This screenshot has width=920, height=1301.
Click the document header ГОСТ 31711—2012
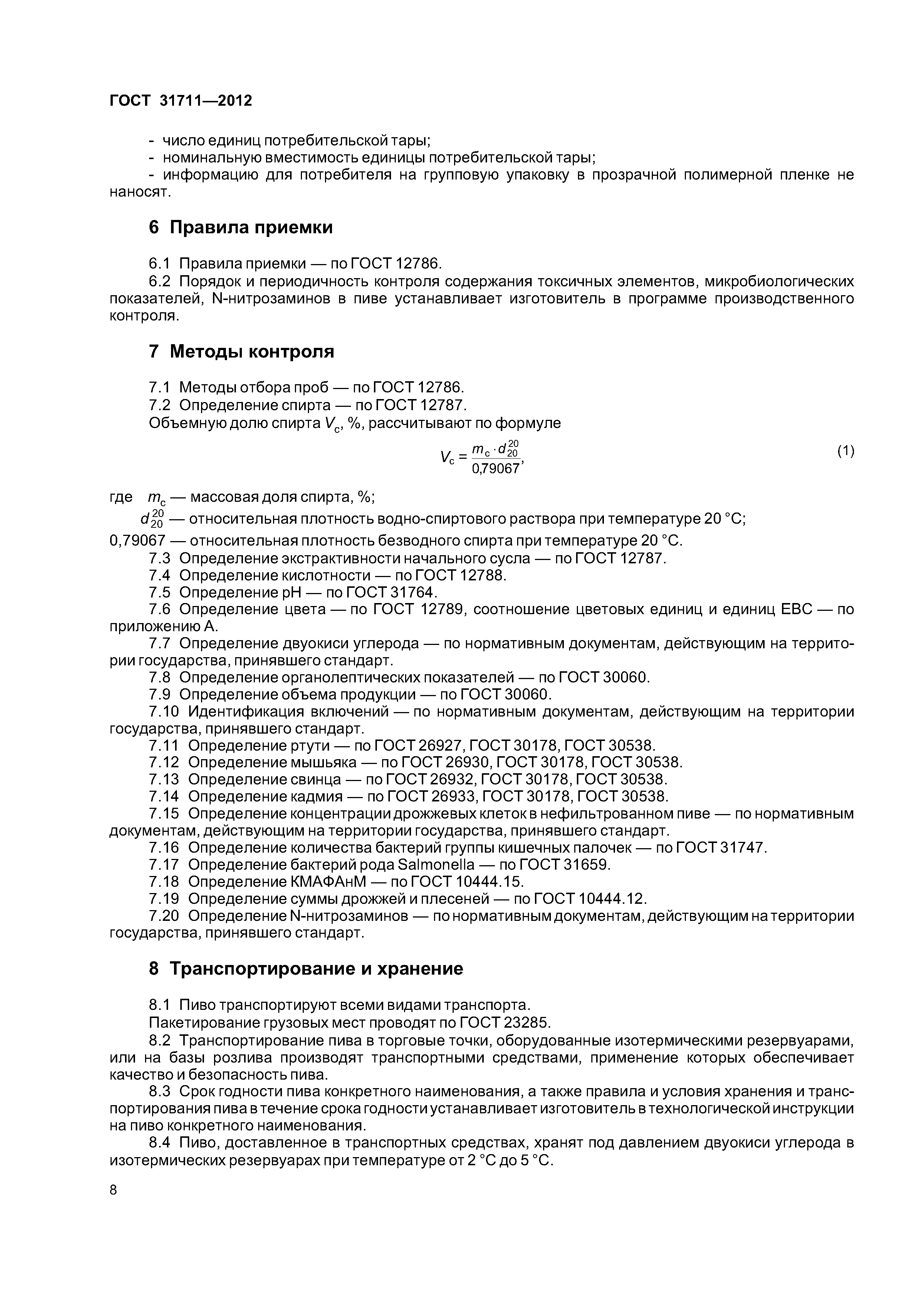[180, 101]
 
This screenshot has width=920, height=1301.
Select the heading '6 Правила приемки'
[240, 227]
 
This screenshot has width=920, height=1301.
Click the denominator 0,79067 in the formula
[496, 469]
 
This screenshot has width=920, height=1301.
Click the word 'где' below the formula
[121, 497]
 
